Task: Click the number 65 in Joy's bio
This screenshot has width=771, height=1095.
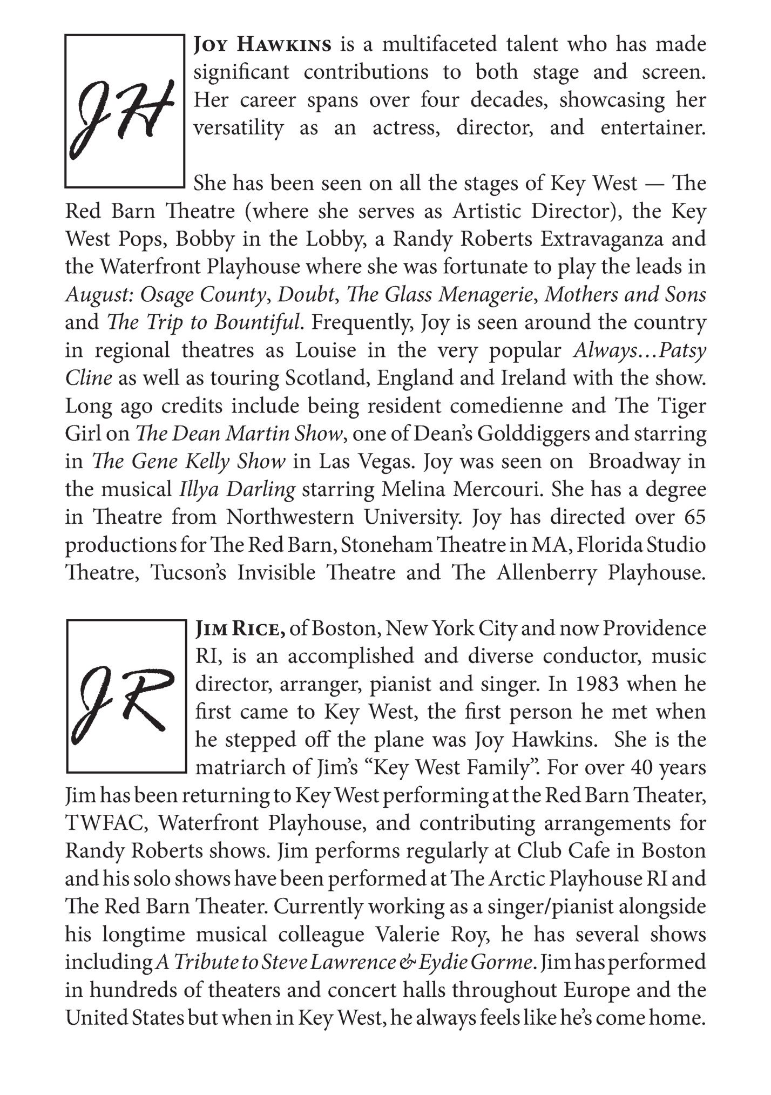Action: pos(694,517)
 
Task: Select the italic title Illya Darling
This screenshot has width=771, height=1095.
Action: pos(238,490)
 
